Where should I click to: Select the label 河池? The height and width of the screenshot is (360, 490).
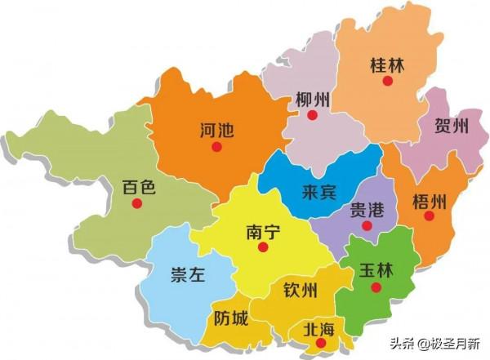click(216, 129)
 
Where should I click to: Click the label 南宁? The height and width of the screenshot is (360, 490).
click(262, 232)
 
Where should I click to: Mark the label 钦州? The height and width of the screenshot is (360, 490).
click(300, 291)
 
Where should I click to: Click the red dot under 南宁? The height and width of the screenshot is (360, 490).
click(262, 248)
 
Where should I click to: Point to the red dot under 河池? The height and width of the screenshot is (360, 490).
click(216, 147)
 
